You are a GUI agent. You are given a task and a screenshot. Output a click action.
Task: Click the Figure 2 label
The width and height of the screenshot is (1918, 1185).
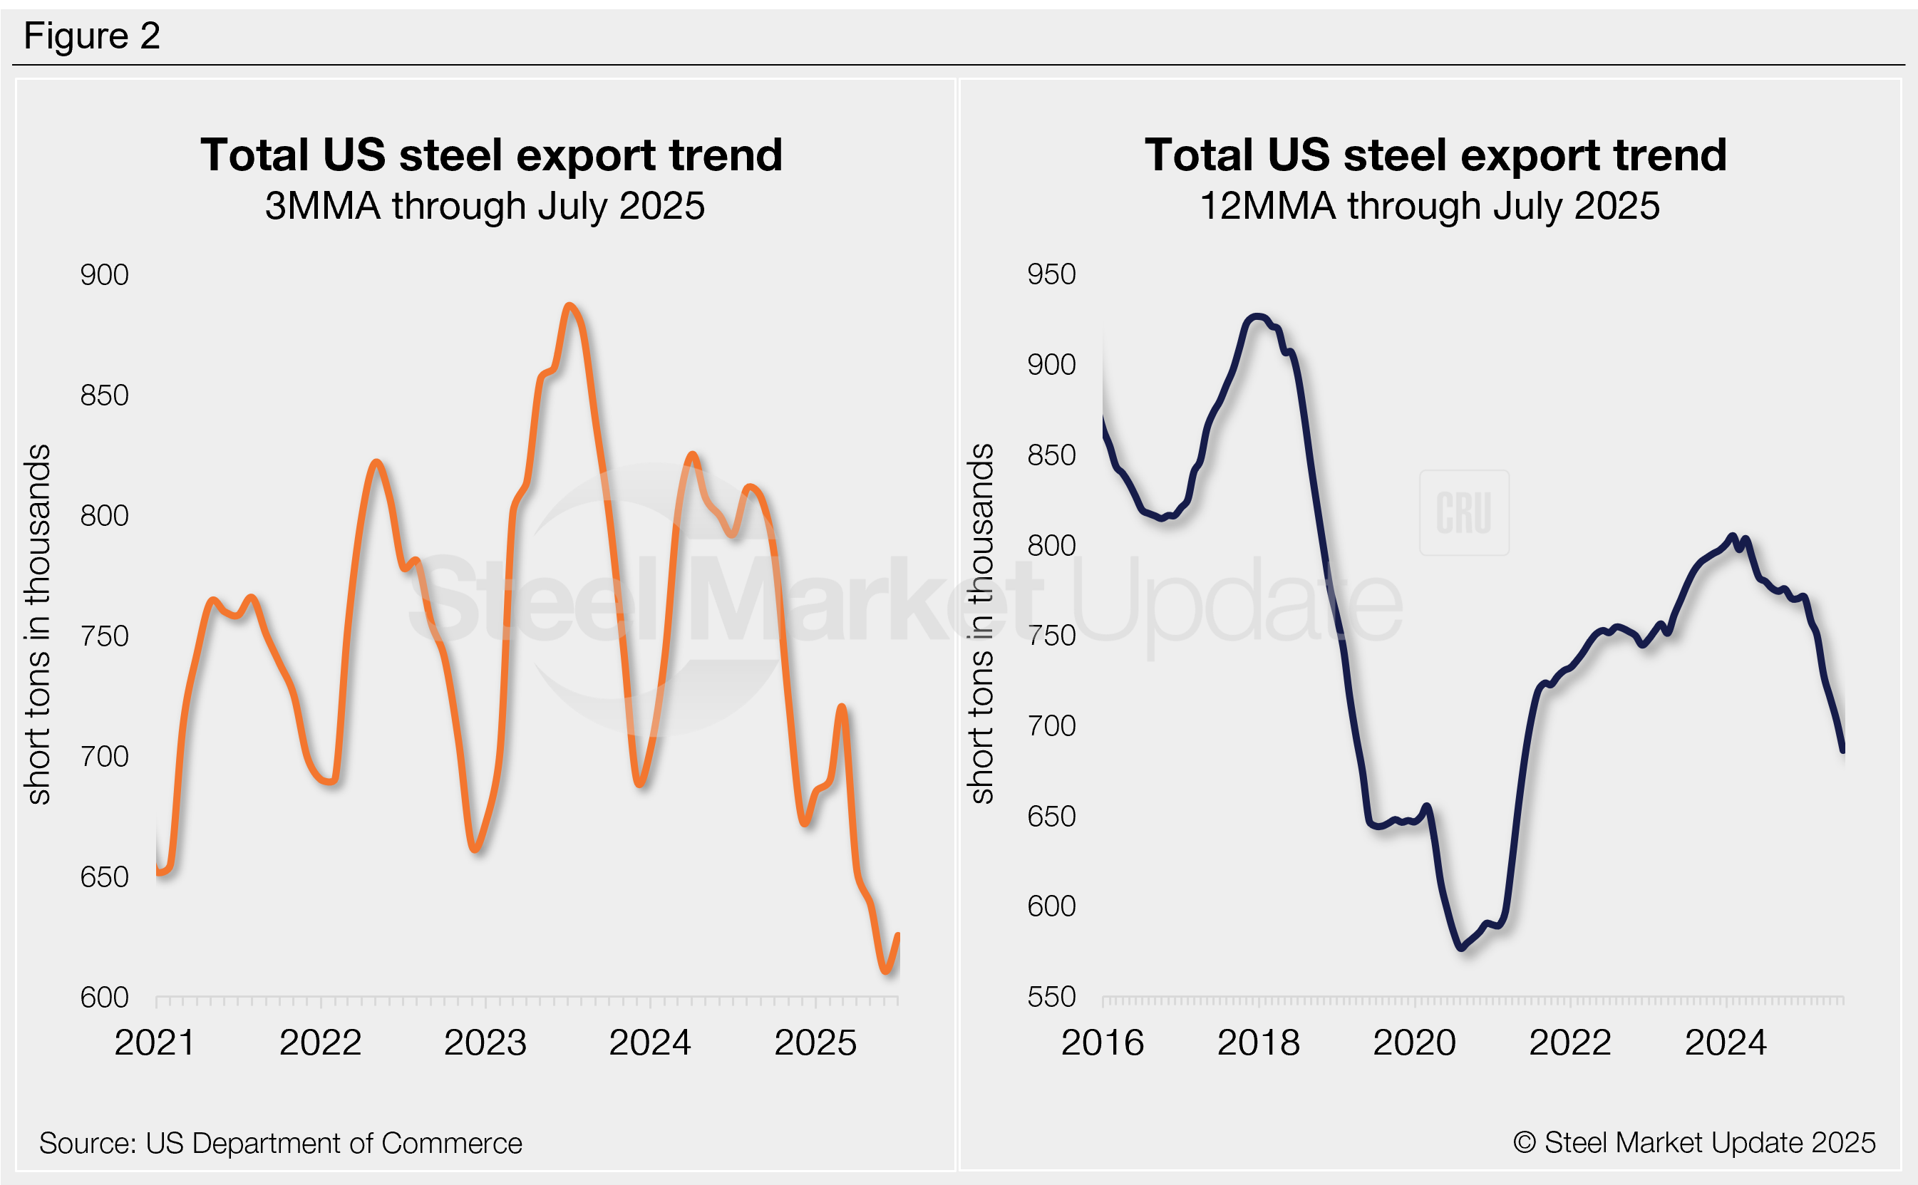point(92,36)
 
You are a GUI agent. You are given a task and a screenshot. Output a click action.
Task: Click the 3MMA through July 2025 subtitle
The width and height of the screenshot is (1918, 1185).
point(485,206)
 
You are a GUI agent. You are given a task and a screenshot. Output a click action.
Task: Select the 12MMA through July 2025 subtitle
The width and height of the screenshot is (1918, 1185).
point(1429,206)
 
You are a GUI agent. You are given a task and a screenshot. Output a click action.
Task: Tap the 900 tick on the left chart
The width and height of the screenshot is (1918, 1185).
point(104,275)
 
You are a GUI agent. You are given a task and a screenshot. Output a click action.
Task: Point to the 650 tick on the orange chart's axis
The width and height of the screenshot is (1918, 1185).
point(104,876)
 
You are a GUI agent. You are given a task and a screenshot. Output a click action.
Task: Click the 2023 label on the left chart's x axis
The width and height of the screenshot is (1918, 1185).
point(485,1042)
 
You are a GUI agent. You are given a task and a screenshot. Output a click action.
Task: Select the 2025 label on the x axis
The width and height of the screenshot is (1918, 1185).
point(815,1042)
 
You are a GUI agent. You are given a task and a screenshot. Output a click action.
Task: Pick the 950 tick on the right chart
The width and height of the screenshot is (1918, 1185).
point(1051,274)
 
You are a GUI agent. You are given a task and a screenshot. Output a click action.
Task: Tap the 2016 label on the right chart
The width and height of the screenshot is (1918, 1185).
point(1102,1042)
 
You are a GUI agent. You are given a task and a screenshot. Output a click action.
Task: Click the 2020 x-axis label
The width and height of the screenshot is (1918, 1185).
point(1414,1042)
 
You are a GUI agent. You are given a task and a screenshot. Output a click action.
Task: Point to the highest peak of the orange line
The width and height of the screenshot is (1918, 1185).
point(569,306)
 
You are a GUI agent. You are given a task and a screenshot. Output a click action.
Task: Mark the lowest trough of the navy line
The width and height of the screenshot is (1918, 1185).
point(1462,948)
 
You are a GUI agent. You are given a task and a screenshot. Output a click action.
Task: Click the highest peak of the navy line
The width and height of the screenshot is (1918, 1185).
point(1257,316)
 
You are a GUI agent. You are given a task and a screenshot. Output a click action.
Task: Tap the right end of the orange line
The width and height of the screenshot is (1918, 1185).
point(898,934)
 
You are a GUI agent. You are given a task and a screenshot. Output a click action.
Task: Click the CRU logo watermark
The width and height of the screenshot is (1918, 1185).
point(1463,512)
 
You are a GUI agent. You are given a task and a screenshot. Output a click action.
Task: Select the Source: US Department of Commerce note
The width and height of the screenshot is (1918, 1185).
point(281,1144)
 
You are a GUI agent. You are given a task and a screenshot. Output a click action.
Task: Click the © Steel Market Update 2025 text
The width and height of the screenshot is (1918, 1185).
point(1693,1143)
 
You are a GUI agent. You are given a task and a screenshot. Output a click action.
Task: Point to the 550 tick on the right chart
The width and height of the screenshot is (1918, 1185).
point(1051,997)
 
